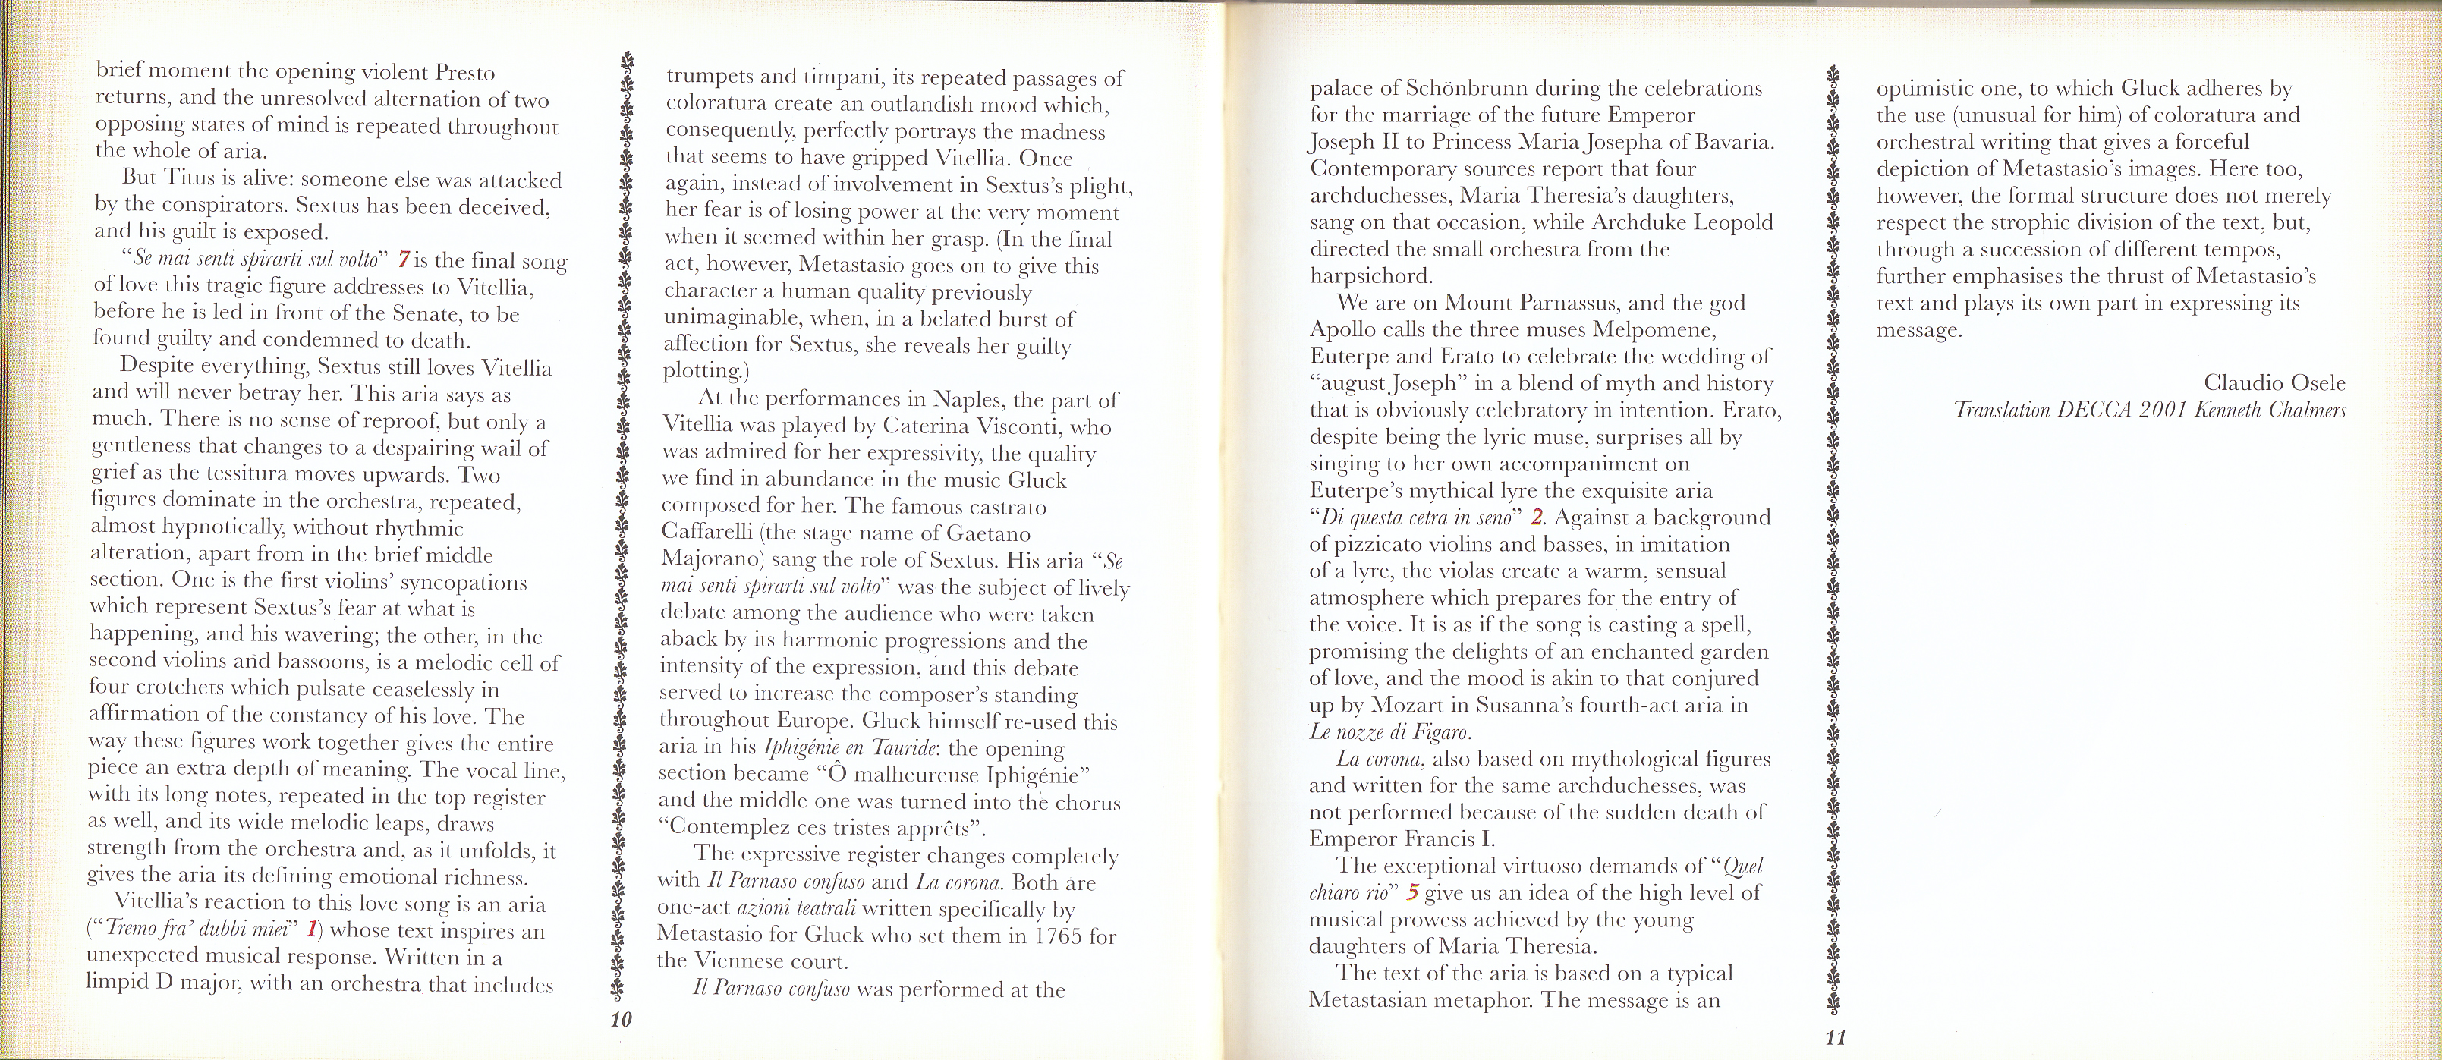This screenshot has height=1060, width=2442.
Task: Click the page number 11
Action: tap(1835, 1036)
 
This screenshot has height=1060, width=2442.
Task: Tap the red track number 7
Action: tap(404, 259)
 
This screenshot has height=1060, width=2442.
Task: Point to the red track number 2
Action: tap(1537, 517)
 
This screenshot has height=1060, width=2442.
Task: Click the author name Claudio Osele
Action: tap(2274, 383)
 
